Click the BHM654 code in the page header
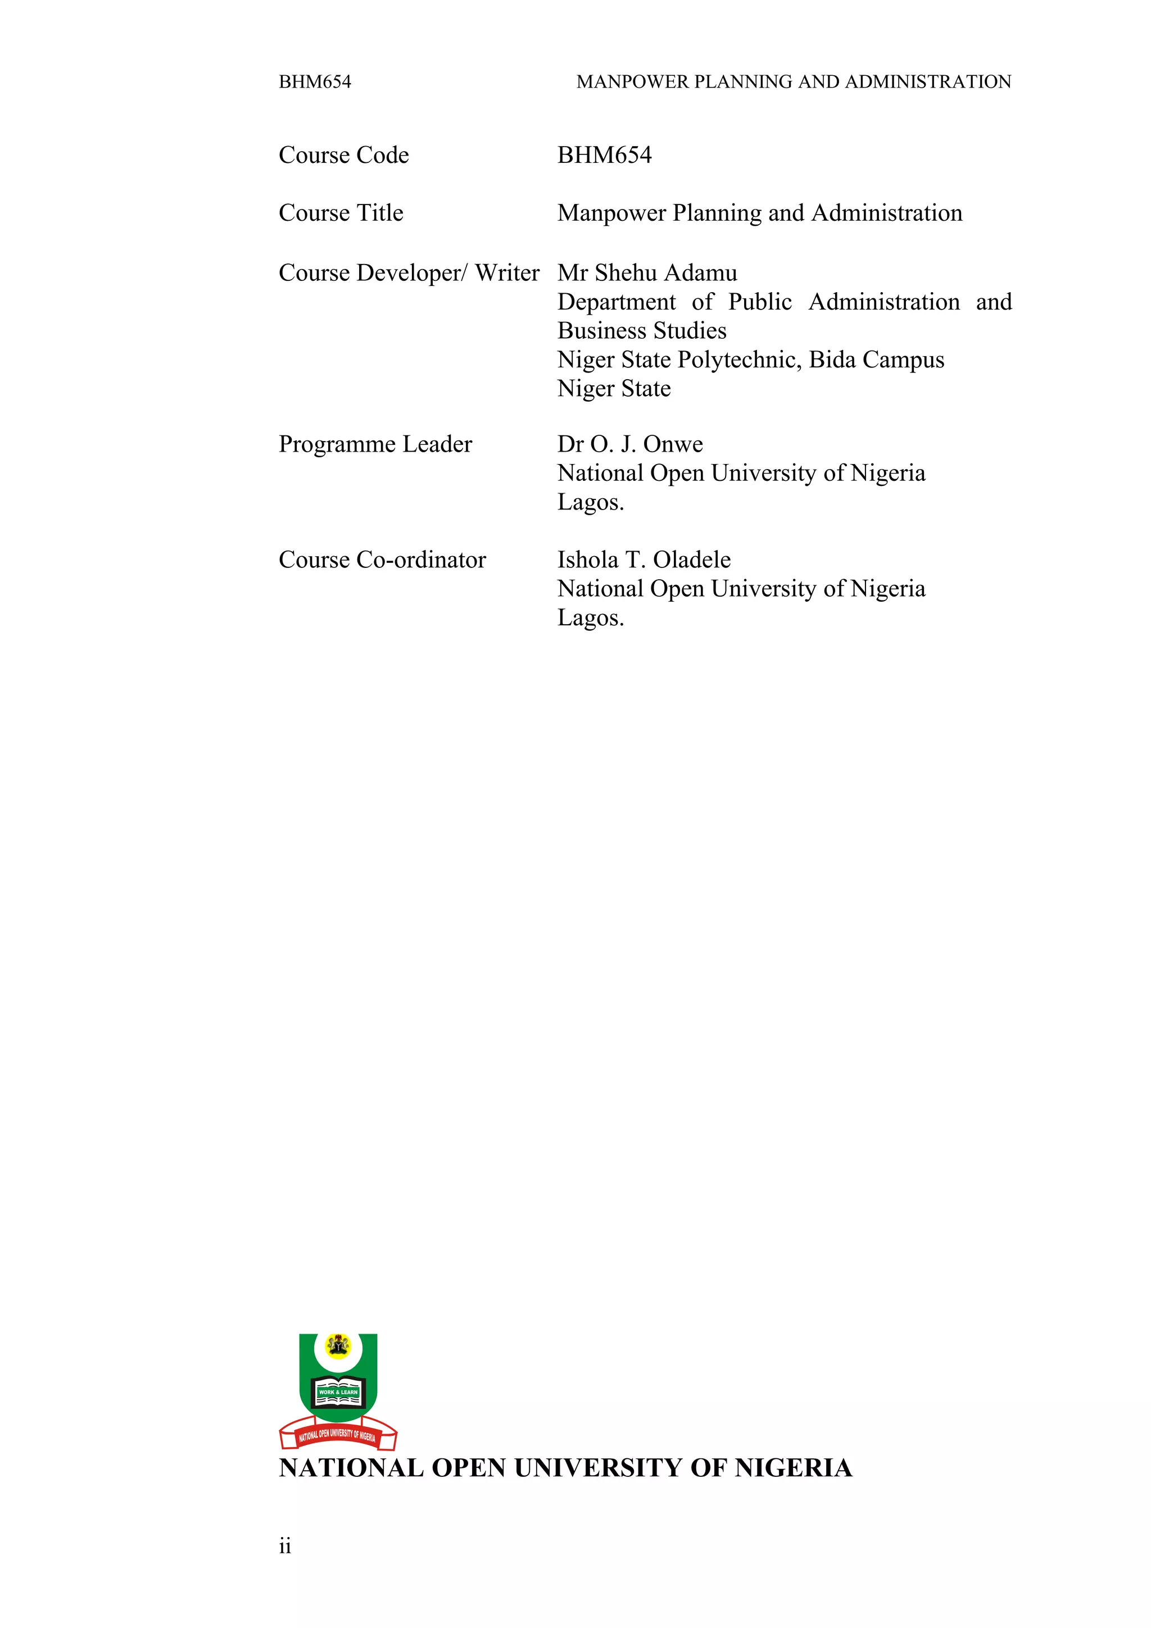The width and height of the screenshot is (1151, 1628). click(x=315, y=82)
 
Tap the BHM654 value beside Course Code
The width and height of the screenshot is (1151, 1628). click(x=604, y=155)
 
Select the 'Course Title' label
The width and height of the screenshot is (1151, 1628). click(x=341, y=213)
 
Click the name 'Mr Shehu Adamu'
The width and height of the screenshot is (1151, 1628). click(x=647, y=273)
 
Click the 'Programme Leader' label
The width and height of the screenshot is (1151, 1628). click(x=375, y=444)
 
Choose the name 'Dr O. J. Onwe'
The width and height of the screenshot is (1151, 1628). click(x=630, y=444)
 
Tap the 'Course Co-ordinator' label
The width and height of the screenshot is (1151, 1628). click(x=382, y=560)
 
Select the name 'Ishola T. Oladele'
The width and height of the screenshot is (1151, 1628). click(x=644, y=560)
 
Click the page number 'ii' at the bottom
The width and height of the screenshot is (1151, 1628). click(x=285, y=1547)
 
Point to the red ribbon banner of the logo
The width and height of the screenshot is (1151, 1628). click(x=338, y=1435)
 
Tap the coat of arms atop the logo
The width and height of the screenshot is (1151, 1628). click(x=338, y=1345)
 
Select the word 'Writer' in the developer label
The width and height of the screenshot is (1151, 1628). click(x=507, y=273)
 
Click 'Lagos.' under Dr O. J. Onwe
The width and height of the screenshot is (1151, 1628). click(x=591, y=503)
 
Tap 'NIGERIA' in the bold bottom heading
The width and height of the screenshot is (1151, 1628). click(x=793, y=1468)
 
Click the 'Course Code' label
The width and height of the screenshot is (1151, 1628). click(x=344, y=155)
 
